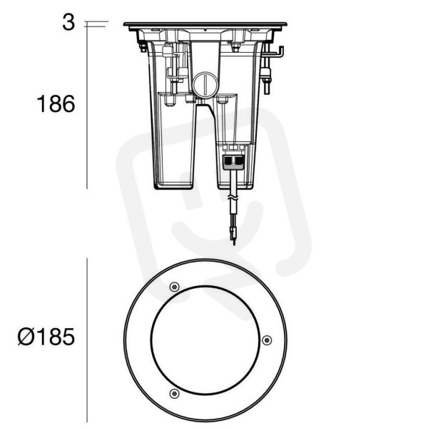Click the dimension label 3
[x=68, y=22]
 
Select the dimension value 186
[x=56, y=104]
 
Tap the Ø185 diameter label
[x=46, y=337]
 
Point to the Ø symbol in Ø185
[x=26, y=337]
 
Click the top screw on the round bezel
[x=174, y=287]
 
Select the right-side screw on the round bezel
[x=266, y=340]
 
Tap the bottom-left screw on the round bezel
[x=174, y=393]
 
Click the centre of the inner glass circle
[x=205, y=340]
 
